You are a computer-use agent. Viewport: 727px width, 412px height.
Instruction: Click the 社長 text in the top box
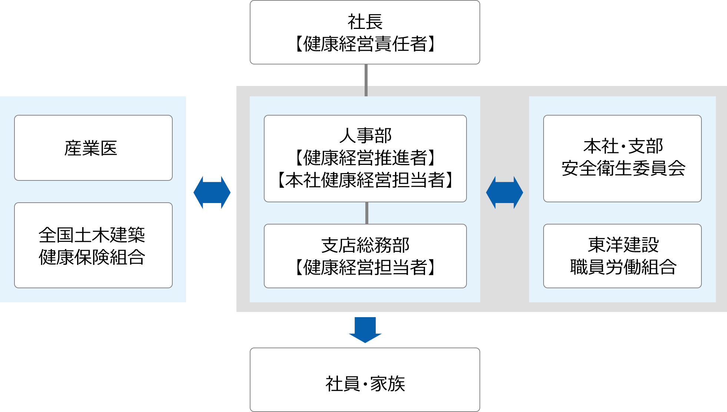[x=365, y=22]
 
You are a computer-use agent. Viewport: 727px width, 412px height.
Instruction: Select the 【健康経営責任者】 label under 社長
[x=365, y=44]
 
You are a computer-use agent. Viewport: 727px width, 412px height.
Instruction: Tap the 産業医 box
[x=93, y=148]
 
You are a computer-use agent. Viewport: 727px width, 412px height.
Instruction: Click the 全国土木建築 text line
[x=92, y=235]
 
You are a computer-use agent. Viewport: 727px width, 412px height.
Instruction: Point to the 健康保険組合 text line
[x=92, y=257]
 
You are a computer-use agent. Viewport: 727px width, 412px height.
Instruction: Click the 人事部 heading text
[x=365, y=136]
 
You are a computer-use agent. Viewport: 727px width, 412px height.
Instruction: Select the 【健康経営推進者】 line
[x=365, y=158]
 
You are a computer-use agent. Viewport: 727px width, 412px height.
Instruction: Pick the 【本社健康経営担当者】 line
[x=365, y=180]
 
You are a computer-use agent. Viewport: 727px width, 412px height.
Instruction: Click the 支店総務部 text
[x=365, y=245]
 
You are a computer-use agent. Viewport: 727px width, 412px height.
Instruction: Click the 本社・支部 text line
[x=623, y=146]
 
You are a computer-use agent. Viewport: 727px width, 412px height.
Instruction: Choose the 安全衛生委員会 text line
[x=623, y=169]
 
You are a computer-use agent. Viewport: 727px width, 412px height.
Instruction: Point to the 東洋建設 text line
[x=623, y=245]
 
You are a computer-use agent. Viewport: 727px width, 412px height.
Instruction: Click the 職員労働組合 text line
[x=623, y=267]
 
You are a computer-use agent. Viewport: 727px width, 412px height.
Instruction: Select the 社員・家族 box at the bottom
[x=365, y=383]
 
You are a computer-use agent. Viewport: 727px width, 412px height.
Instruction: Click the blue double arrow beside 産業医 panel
[x=212, y=193]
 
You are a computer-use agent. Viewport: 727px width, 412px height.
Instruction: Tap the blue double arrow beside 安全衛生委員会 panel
[x=504, y=193]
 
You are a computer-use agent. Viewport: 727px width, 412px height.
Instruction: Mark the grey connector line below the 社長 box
[x=366, y=80]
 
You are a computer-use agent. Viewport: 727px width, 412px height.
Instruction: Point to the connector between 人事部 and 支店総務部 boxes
[x=366, y=213]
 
